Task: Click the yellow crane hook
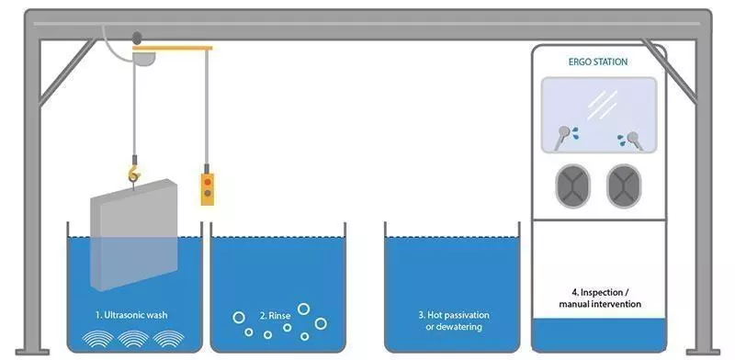point(134,171)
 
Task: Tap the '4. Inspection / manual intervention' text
point(600,298)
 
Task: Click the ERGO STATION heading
point(599,62)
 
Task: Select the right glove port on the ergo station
point(625,183)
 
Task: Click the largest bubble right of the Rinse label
point(321,322)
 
